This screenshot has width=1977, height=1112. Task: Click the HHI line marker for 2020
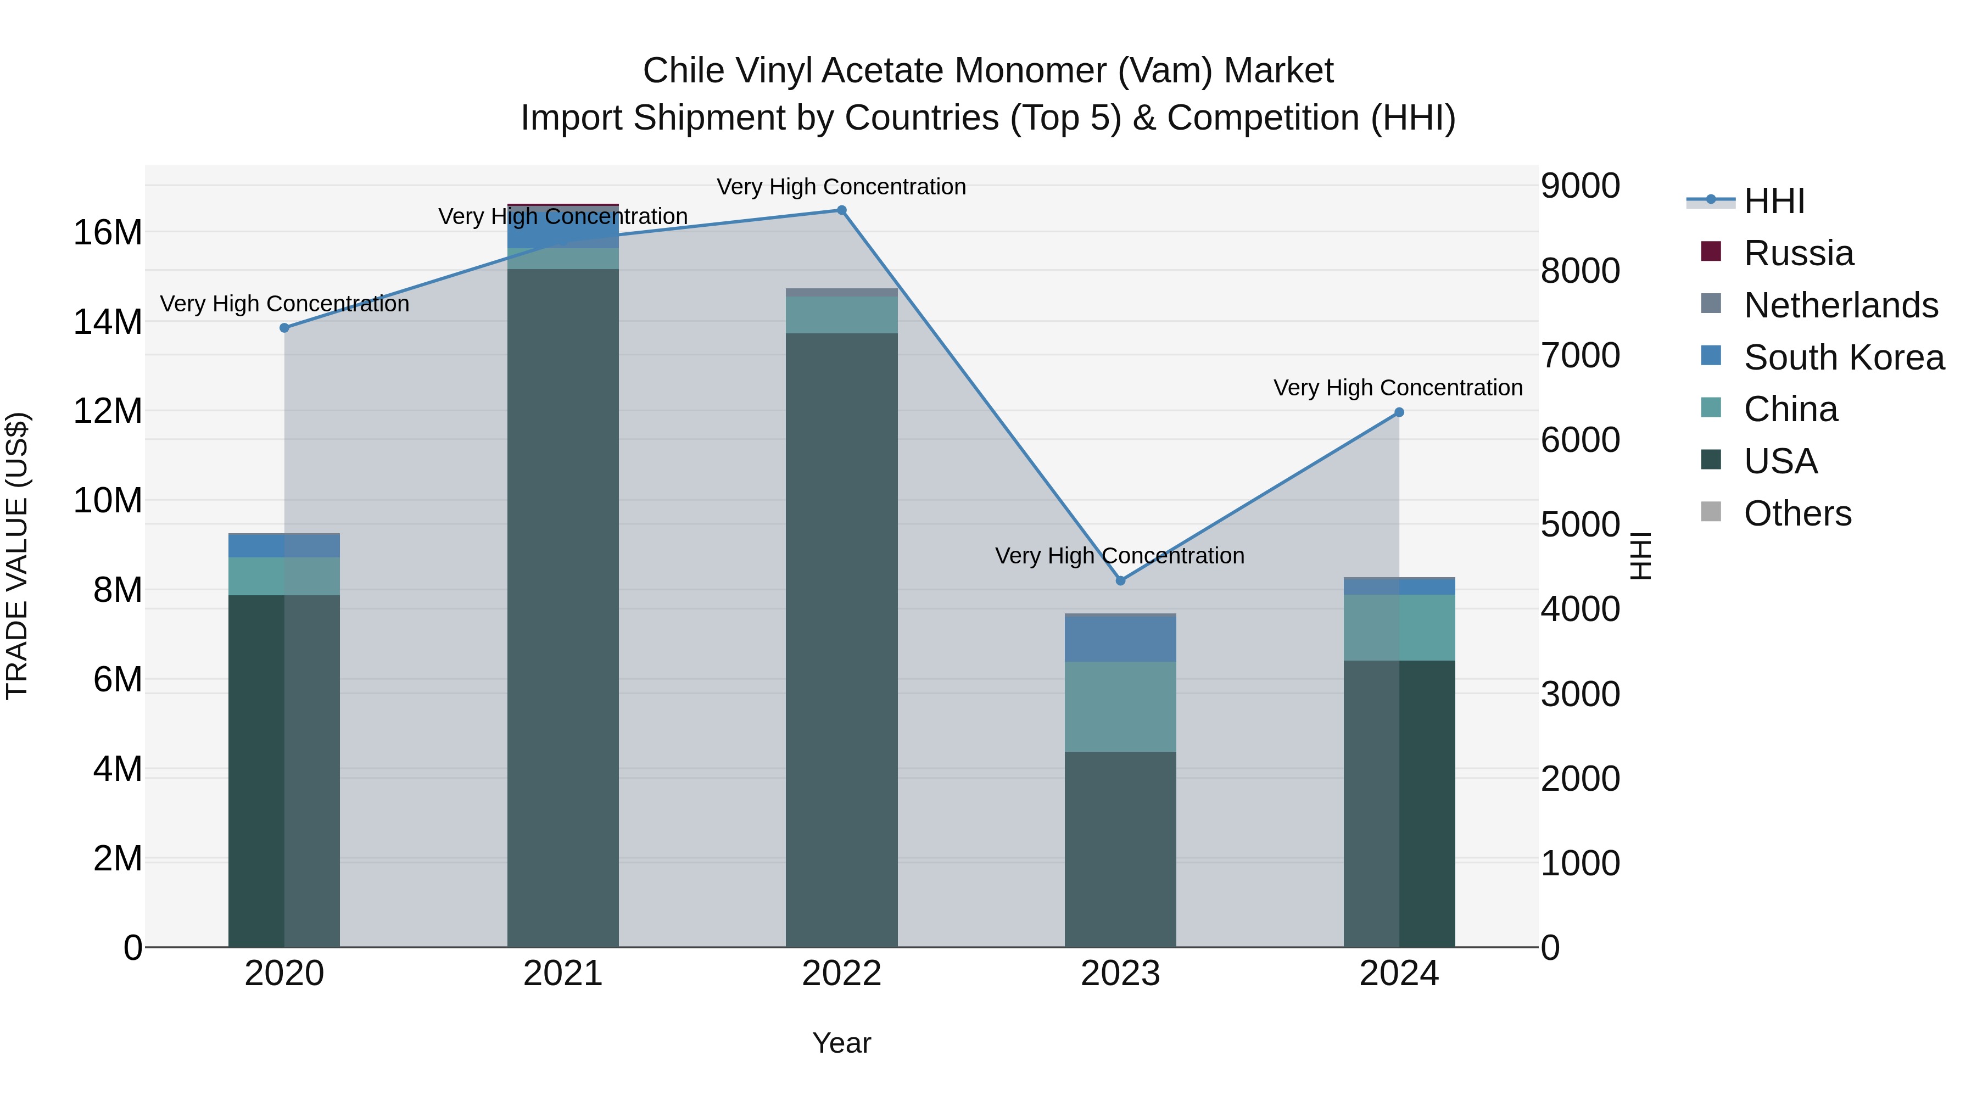[x=284, y=328]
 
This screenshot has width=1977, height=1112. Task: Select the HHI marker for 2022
[x=841, y=210]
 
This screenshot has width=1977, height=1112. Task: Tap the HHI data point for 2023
[x=1120, y=581]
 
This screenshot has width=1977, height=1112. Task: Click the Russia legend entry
[x=1797, y=253]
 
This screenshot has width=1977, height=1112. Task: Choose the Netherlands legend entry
[x=1840, y=305]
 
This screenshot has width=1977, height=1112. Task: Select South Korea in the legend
[x=1844, y=357]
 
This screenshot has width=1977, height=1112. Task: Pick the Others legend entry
[x=1797, y=513]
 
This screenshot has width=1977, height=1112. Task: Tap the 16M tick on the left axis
[x=108, y=232]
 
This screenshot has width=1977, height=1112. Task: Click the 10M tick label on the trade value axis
[x=108, y=500]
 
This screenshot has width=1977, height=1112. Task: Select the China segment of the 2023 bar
[x=1120, y=706]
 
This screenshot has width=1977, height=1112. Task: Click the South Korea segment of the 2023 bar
[x=1120, y=639]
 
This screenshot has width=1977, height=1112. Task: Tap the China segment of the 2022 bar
[x=841, y=315]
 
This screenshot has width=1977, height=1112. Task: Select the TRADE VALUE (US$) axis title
[x=17, y=556]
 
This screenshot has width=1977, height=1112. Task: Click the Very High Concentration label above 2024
[x=1398, y=388]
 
